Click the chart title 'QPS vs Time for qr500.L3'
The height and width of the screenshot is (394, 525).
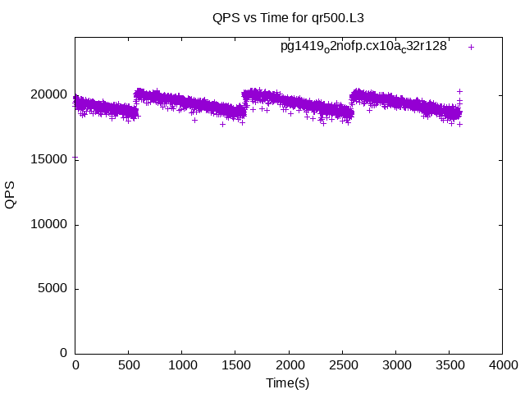tap(288, 17)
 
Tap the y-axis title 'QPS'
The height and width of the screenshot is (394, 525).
tap(11, 195)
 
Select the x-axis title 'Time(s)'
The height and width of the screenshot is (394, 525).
tap(288, 383)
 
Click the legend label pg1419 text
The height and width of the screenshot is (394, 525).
tap(363, 47)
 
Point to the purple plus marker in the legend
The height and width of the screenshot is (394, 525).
tap(472, 47)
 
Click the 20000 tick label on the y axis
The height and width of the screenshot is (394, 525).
tap(51, 95)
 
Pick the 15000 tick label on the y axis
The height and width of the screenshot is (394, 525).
tap(51, 159)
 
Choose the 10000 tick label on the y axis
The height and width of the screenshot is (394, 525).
tap(51, 224)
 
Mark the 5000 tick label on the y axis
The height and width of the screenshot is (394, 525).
tap(54, 288)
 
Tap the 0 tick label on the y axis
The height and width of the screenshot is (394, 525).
tap(64, 353)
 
